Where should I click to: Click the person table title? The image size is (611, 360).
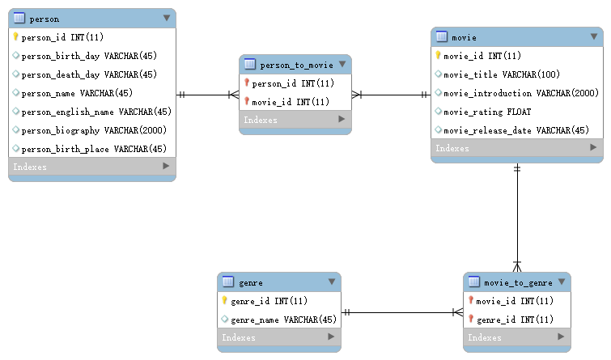44,18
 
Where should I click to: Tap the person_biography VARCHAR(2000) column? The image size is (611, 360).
94,130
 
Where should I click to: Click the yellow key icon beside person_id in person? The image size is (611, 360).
15,37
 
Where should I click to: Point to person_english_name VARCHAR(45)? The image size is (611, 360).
96,112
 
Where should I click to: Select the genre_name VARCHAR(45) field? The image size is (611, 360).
283,320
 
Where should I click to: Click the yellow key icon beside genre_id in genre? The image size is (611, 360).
224,301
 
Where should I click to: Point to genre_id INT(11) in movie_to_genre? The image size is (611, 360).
514,320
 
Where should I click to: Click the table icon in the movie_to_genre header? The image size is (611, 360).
473,282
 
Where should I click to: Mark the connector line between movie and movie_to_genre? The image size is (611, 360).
517,218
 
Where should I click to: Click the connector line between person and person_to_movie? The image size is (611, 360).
207,95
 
